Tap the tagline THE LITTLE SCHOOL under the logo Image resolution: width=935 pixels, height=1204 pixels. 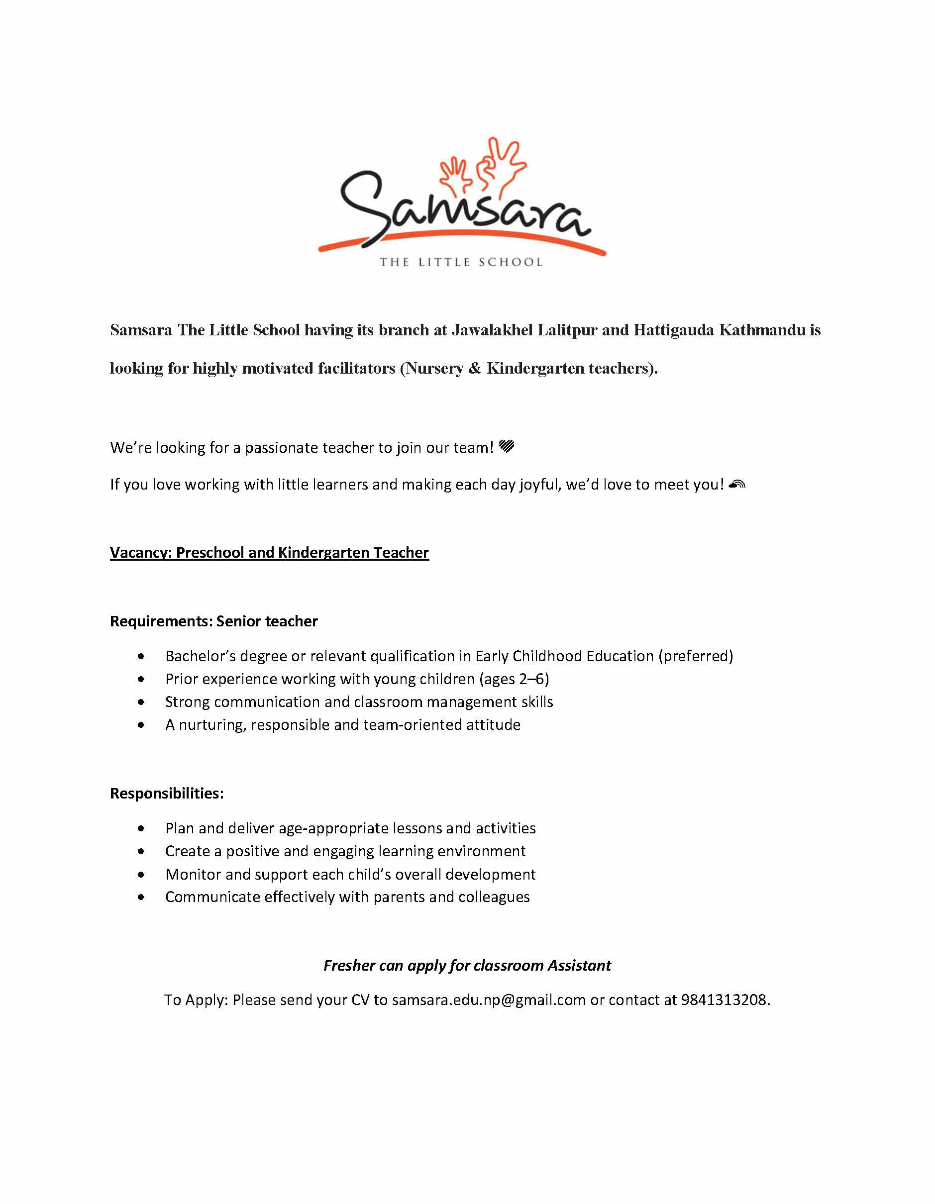point(461,262)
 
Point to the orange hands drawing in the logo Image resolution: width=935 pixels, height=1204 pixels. point(482,165)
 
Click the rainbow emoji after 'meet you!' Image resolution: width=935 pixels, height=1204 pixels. point(736,484)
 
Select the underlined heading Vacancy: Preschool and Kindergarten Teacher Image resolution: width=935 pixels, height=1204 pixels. point(269,552)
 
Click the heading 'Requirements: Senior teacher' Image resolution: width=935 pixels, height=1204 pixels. point(214,621)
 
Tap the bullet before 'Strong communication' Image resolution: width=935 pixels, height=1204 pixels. point(142,702)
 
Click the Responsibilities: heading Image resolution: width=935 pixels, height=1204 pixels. point(167,793)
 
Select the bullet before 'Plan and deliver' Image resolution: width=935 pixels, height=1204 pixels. point(142,828)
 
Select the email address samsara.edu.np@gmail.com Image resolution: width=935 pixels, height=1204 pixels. point(489,1000)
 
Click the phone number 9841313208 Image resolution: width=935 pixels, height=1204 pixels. point(724,1000)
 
